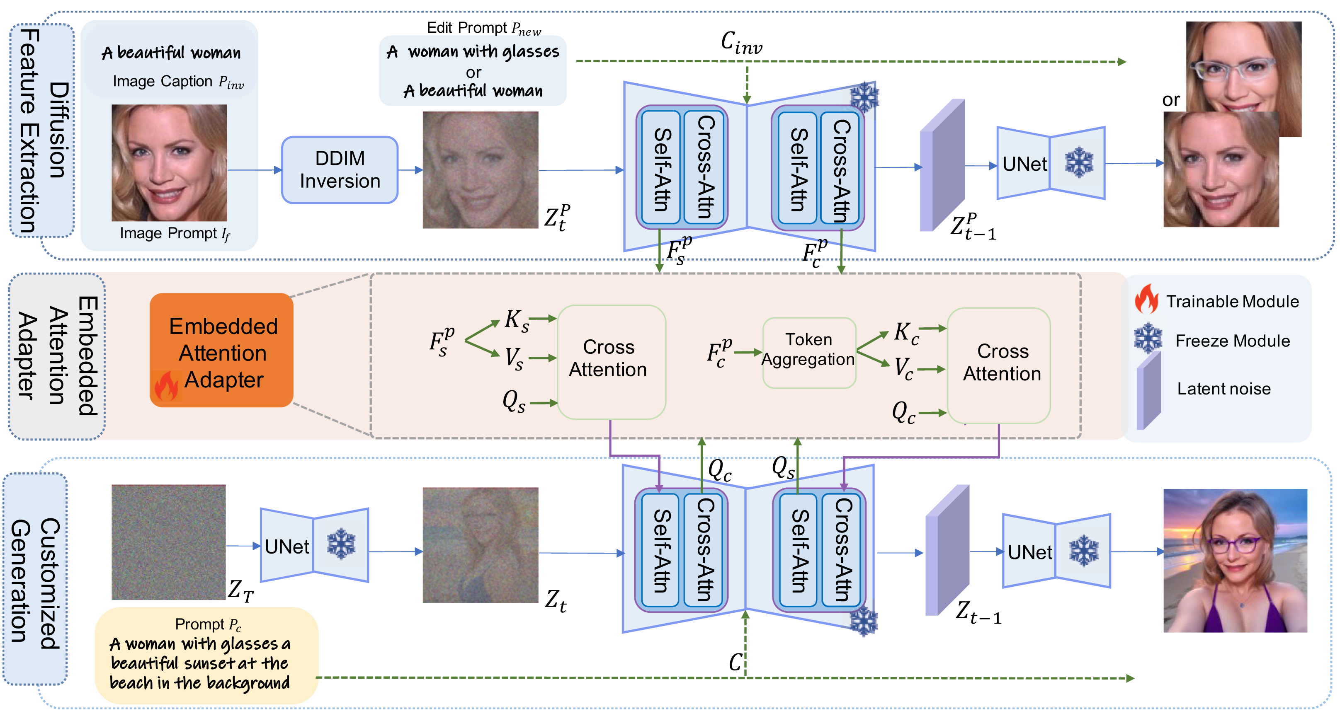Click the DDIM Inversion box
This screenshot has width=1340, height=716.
click(x=340, y=170)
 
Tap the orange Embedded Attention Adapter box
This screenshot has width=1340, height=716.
click(x=221, y=350)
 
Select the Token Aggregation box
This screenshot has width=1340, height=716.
click(x=809, y=353)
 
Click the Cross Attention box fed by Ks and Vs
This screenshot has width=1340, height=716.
click(x=611, y=361)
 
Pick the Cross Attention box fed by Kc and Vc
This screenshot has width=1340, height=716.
click(x=999, y=365)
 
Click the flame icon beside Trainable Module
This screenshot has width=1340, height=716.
click(x=1146, y=300)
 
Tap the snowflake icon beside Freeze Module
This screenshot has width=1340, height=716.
click(x=1148, y=339)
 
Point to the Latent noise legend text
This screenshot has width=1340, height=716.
click(x=1223, y=389)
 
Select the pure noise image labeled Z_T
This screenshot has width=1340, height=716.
click(x=169, y=542)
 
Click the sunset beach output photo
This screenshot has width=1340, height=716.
click(x=1235, y=561)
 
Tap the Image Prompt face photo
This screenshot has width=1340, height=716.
click(x=169, y=163)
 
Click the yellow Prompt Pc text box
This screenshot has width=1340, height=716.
click(x=206, y=655)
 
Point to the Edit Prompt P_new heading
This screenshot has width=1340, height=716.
click(x=483, y=28)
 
